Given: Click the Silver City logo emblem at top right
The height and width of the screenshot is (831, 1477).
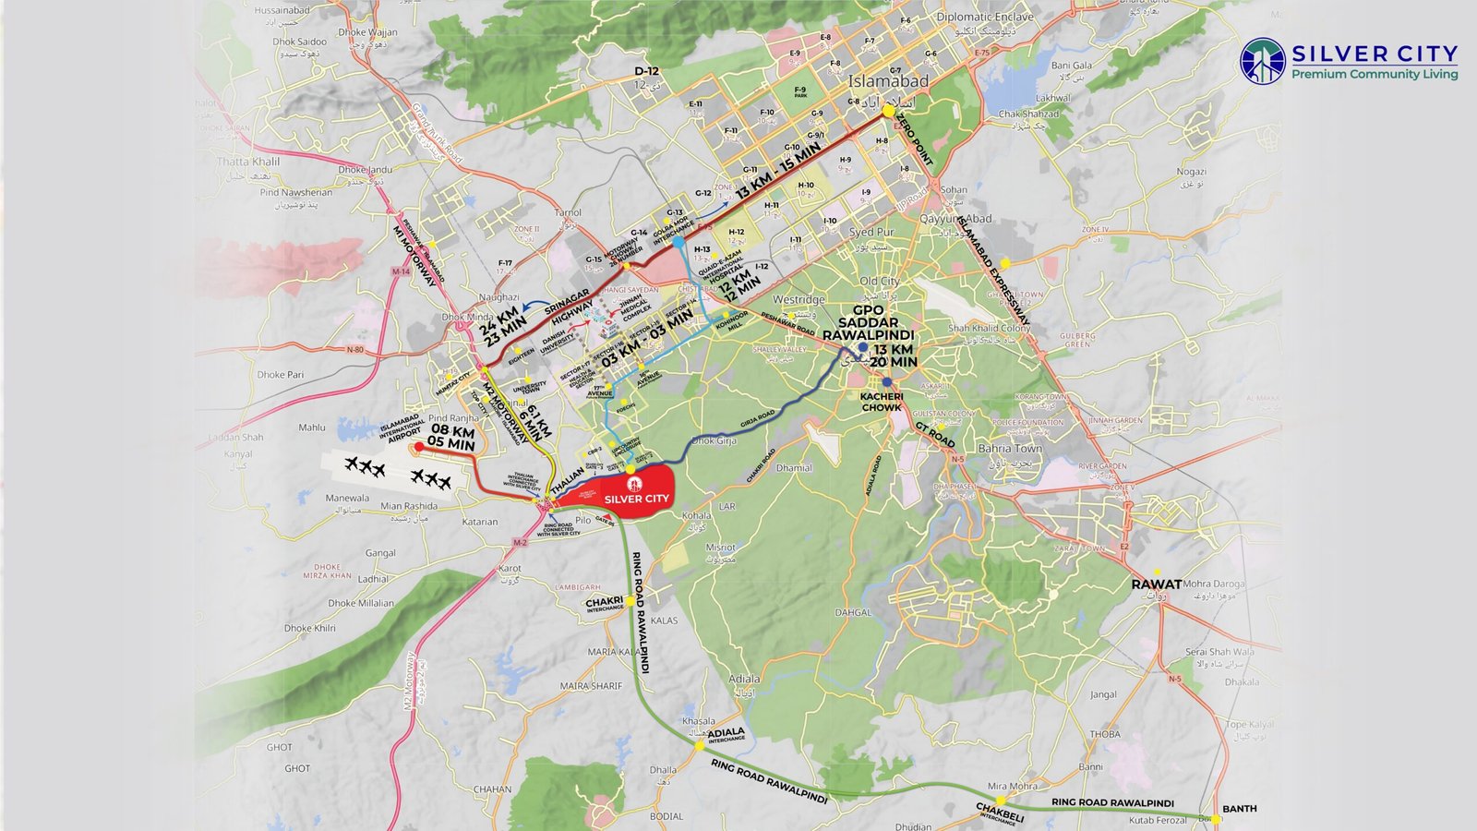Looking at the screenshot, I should tap(1263, 61).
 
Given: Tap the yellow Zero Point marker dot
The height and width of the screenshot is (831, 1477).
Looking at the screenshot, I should tap(888, 111).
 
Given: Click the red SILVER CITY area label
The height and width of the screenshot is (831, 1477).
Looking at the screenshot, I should tap(636, 499).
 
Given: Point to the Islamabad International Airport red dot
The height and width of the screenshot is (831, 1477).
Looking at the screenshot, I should tap(417, 447).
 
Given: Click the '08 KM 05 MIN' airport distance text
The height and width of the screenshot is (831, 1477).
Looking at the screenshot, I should tap(451, 438).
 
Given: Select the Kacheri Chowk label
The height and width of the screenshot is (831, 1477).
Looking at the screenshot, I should tap(882, 402).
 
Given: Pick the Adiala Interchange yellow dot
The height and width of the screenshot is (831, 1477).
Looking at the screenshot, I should tap(699, 741).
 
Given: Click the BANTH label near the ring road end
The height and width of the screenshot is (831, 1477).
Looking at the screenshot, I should tap(1239, 808).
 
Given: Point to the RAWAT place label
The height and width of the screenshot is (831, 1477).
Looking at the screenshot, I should tap(1156, 584).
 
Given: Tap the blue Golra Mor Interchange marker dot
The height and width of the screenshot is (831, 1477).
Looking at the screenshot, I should tap(678, 242).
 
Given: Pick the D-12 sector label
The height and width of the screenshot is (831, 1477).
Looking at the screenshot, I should tap(646, 71).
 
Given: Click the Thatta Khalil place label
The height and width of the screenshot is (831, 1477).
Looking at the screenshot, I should tap(248, 162).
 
